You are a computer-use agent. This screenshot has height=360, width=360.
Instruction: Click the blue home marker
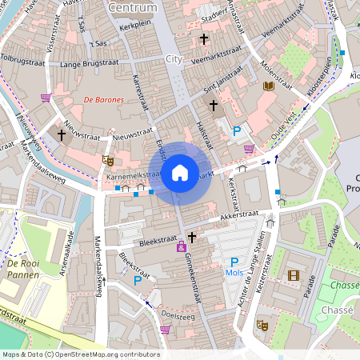pyautogui.click(x=180, y=172)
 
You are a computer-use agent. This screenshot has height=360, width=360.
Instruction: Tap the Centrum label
pyautogui.click(x=132, y=7)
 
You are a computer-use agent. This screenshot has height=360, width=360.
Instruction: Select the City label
pyautogui.click(x=174, y=59)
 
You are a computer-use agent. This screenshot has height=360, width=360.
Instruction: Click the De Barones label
pyautogui.click(x=104, y=100)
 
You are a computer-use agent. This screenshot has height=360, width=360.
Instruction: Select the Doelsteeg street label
pyautogui.click(x=176, y=315)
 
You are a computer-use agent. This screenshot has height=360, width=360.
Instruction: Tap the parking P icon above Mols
pyautogui.click(x=234, y=262)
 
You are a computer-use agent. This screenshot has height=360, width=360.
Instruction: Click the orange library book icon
pyautogui.click(x=269, y=86)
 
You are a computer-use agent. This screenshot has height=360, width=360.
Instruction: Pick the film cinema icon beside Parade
pyautogui.click(x=293, y=276)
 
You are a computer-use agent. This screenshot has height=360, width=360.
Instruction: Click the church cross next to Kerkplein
pyautogui.click(x=203, y=38)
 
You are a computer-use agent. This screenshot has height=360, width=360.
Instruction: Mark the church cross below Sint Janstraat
pyautogui.click(x=213, y=105)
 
